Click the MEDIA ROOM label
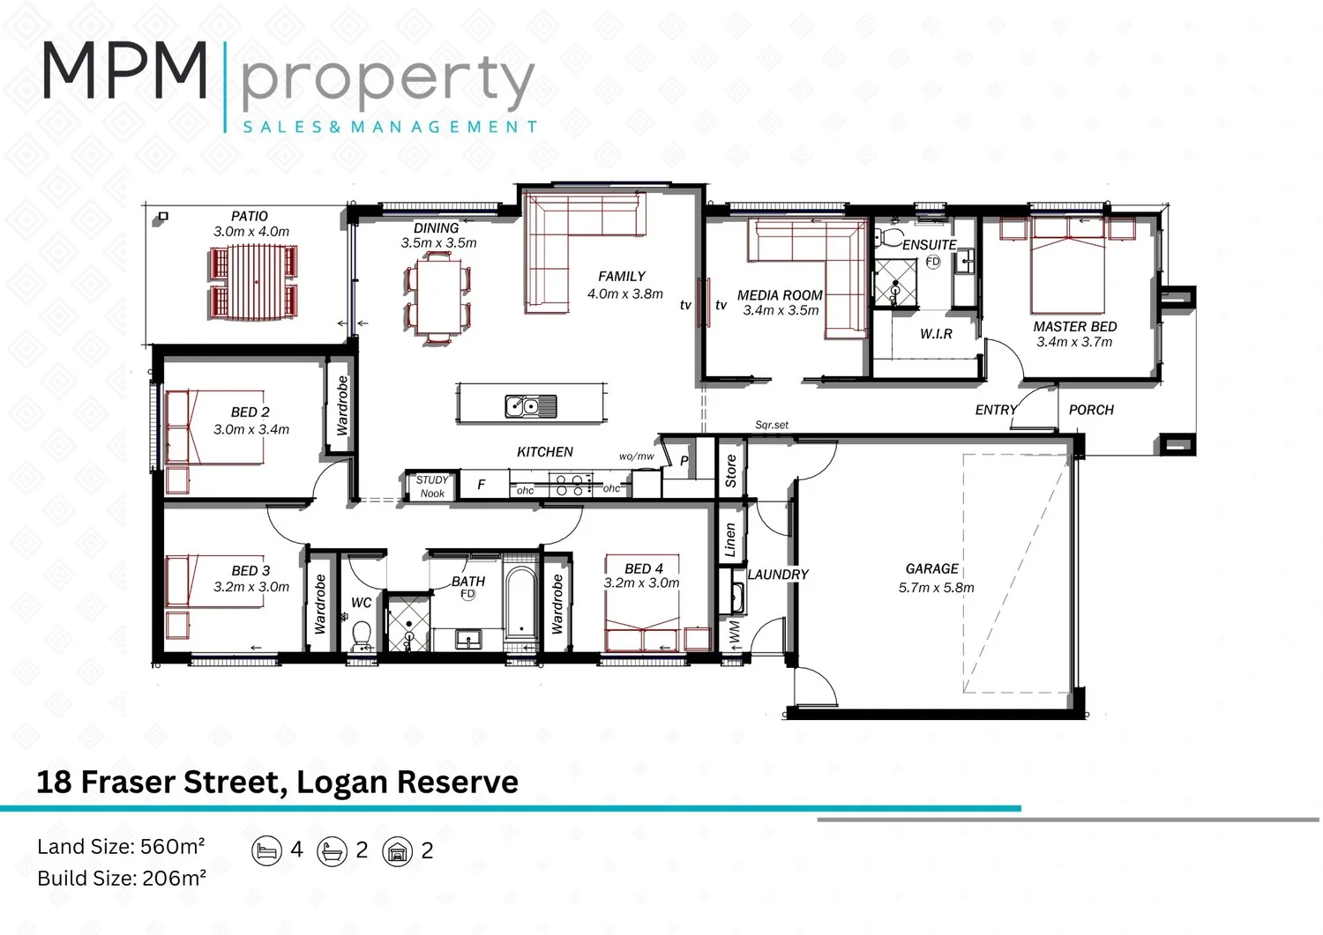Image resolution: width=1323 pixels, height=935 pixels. (x=780, y=295)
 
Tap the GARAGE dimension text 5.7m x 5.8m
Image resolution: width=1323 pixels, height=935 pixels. (x=936, y=588)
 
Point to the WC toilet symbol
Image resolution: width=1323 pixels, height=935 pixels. (x=361, y=635)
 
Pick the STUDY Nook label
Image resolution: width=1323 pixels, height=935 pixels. (x=432, y=486)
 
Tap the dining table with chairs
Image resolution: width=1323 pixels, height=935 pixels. (x=438, y=295)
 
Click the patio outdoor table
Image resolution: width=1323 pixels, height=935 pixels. (x=254, y=281)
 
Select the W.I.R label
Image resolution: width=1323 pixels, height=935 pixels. (x=936, y=334)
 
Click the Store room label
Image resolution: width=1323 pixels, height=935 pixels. (x=730, y=471)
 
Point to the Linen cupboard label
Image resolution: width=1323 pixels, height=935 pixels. (x=730, y=540)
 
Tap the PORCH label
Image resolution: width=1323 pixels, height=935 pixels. (x=1091, y=410)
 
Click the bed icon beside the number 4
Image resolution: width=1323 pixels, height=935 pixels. (x=265, y=850)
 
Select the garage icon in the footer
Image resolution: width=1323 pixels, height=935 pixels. (x=398, y=851)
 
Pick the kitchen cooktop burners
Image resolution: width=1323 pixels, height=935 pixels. (x=571, y=485)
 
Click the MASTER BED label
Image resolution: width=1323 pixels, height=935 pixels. (x=1074, y=326)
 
